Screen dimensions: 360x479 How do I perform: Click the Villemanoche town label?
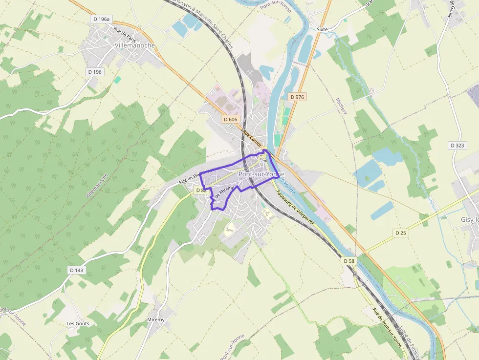coord(134,45)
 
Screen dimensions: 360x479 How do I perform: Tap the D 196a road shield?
coord(102,19)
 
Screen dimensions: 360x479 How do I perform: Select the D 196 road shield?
coord(95,72)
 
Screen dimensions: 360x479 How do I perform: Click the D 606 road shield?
coord(230,119)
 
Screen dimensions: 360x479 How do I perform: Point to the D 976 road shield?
coord(297,97)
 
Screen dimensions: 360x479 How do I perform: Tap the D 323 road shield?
coord(457,146)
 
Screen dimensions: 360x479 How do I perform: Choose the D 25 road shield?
coord(400,233)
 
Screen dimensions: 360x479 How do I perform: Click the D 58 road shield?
coord(348,261)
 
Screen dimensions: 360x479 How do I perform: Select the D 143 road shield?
coord(77,270)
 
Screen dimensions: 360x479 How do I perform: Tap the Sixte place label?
coord(322,29)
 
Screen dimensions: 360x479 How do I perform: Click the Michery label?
coord(341,106)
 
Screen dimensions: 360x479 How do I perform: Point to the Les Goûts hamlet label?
coord(78,323)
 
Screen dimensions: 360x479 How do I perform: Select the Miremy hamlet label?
coord(156,319)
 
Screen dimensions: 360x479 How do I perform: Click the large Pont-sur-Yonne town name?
coord(261,174)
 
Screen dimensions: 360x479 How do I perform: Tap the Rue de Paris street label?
coord(124,35)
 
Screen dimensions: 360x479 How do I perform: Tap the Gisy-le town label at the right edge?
coord(469,220)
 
